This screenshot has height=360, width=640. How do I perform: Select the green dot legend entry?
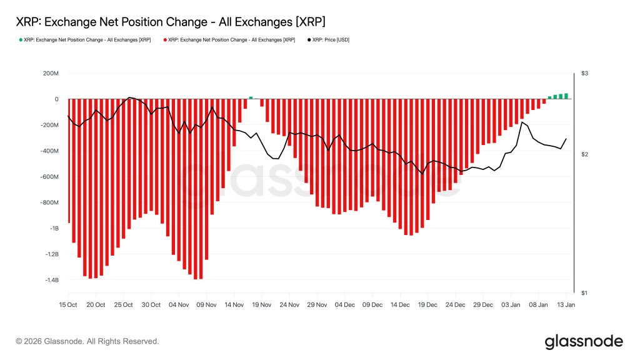(x=84, y=39)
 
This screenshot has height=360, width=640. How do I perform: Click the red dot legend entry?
(x=229, y=39)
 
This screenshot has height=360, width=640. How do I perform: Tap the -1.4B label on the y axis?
(x=48, y=281)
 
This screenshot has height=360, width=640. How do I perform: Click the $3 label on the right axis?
(x=585, y=74)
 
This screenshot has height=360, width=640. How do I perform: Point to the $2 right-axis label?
(x=585, y=154)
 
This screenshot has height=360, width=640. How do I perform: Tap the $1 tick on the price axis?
(x=585, y=293)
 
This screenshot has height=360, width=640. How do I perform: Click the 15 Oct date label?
(x=67, y=305)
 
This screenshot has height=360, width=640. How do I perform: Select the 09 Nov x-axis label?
(x=206, y=305)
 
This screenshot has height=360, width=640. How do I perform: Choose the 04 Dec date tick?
(x=344, y=305)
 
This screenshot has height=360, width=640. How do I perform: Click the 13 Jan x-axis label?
(x=566, y=305)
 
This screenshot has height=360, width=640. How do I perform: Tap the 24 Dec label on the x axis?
(x=455, y=305)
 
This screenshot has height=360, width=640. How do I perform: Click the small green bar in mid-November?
(x=251, y=97)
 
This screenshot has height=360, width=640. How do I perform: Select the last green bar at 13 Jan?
(x=566, y=96)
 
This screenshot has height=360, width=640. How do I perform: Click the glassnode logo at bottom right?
(x=584, y=341)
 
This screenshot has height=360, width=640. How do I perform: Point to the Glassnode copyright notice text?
(x=87, y=341)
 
